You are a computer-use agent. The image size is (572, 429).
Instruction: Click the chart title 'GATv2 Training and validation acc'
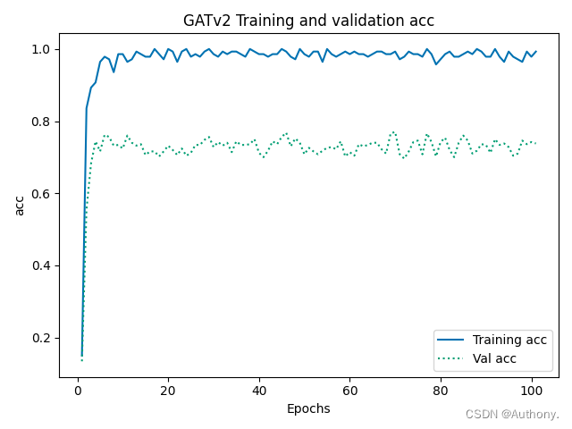pyautogui.click(x=308, y=21)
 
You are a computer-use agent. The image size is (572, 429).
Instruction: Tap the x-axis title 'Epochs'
pyautogui.click(x=308, y=408)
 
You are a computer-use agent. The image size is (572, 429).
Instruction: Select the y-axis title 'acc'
pyautogui.click(x=19, y=205)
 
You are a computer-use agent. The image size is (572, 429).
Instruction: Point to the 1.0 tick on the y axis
pyautogui.click(x=43, y=49)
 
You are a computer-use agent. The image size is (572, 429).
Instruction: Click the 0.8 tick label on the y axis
pyautogui.click(x=43, y=122)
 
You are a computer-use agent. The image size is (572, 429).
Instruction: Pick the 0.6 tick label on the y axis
pyautogui.click(x=43, y=194)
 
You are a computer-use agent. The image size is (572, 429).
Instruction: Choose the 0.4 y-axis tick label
pyautogui.click(x=43, y=266)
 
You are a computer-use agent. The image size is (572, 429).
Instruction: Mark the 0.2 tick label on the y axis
pyautogui.click(x=43, y=339)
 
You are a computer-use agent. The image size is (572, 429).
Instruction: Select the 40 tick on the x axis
pyautogui.click(x=259, y=391)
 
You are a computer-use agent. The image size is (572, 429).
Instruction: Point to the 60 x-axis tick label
pyautogui.click(x=349, y=391)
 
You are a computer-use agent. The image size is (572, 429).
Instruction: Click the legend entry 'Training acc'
pyautogui.click(x=509, y=341)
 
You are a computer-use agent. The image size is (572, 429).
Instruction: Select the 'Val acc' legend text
pyautogui.click(x=494, y=359)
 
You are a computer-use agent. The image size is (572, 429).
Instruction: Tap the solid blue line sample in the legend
pyautogui.click(x=453, y=341)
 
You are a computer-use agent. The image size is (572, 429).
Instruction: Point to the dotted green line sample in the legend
pyautogui.click(x=453, y=359)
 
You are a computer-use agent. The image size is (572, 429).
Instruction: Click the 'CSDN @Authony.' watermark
pyautogui.click(x=512, y=415)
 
